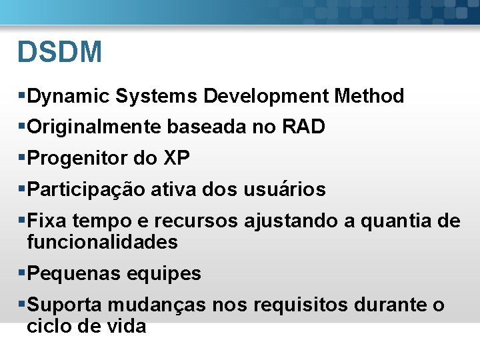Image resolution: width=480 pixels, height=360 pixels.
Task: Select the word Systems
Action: pyautogui.click(x=157, y=97)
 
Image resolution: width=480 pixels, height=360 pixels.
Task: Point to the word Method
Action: pyautogui.click(x=369, y=97)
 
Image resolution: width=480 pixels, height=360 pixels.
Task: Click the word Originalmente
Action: pyautogui.click(x=93, y=127)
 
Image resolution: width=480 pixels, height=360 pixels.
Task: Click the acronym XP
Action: pyautogui.click(x=177, y=159)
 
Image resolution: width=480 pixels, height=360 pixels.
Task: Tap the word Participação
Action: pyautogui.click(x=86, y=190)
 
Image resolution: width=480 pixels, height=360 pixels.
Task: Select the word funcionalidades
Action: pyautogui.click(x=103, y=242)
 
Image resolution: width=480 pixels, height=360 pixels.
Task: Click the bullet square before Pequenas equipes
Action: pyautogui.click(x=23, y=273)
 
